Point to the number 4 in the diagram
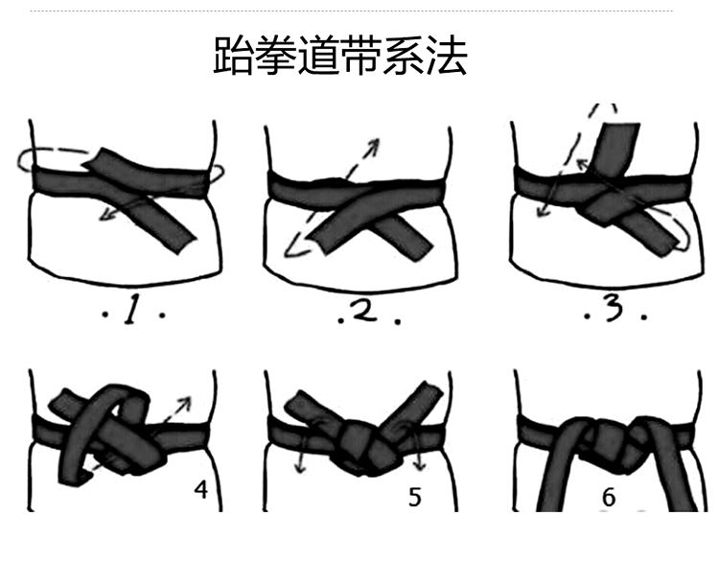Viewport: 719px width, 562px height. pyautogui.click(x=200, y=489)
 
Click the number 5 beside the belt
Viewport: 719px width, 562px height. pyautogui.click(x=413, y=498)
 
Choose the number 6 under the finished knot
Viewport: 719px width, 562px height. pyautogui.click(x=609, y=498)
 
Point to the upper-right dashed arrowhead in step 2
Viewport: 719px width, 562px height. pyautogui.click(x=373, y=145)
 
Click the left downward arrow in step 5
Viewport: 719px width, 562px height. pyautogui.click(x=300, y=467)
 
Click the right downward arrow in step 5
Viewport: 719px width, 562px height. pyautogui.click(x=420, y=467)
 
